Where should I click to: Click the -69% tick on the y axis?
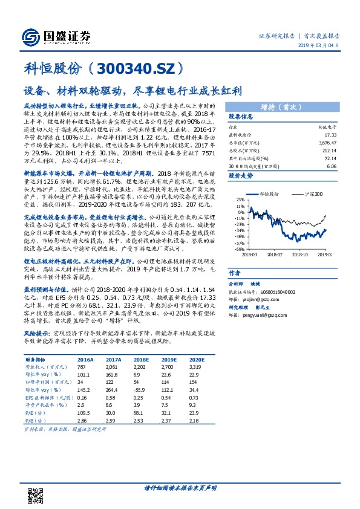point(239,248)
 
